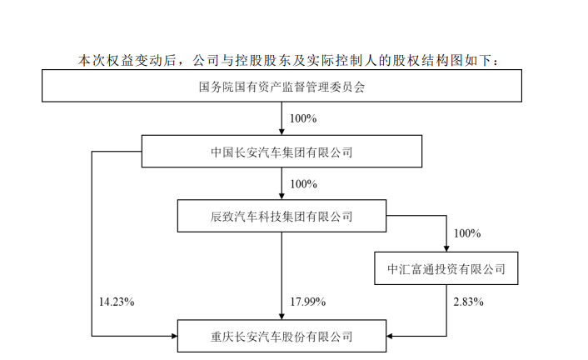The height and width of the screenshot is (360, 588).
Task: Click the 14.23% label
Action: pyautogui.click(x=117, y=302)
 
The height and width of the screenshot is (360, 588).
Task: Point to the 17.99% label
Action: pyautogui.click(x=308, y=302)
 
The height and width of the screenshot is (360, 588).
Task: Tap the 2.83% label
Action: pyautogui.click(x=468, y=302)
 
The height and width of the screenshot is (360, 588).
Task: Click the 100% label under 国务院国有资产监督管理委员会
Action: pyautogui.click(x=303, y=118)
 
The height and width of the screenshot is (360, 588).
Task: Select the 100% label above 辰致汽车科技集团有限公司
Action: pyautogui.click(x=303, y=184)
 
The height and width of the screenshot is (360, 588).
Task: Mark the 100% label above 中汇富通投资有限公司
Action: pyautogui.click(x=467, y=233)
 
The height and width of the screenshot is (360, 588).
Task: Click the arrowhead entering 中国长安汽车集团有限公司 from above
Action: pyautogui.click(x=282, y=132)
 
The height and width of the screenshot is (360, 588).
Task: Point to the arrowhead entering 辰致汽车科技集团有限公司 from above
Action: pyautogui.click(x=282, y=196)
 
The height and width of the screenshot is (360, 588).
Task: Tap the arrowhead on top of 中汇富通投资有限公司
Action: pyautogui.click(x=446, y=248)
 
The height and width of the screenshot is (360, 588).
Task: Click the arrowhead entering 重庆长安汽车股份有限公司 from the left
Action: pyautogui.click(x=174, y=336)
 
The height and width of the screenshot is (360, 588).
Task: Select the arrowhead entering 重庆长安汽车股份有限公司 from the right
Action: pyautogui.click(x=390, y=336)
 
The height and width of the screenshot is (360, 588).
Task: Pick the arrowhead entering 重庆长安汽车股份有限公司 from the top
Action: pyautogui.click(x=282, y=316)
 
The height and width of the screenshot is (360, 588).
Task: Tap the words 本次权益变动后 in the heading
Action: pyautogui.click(x=127, y=61)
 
